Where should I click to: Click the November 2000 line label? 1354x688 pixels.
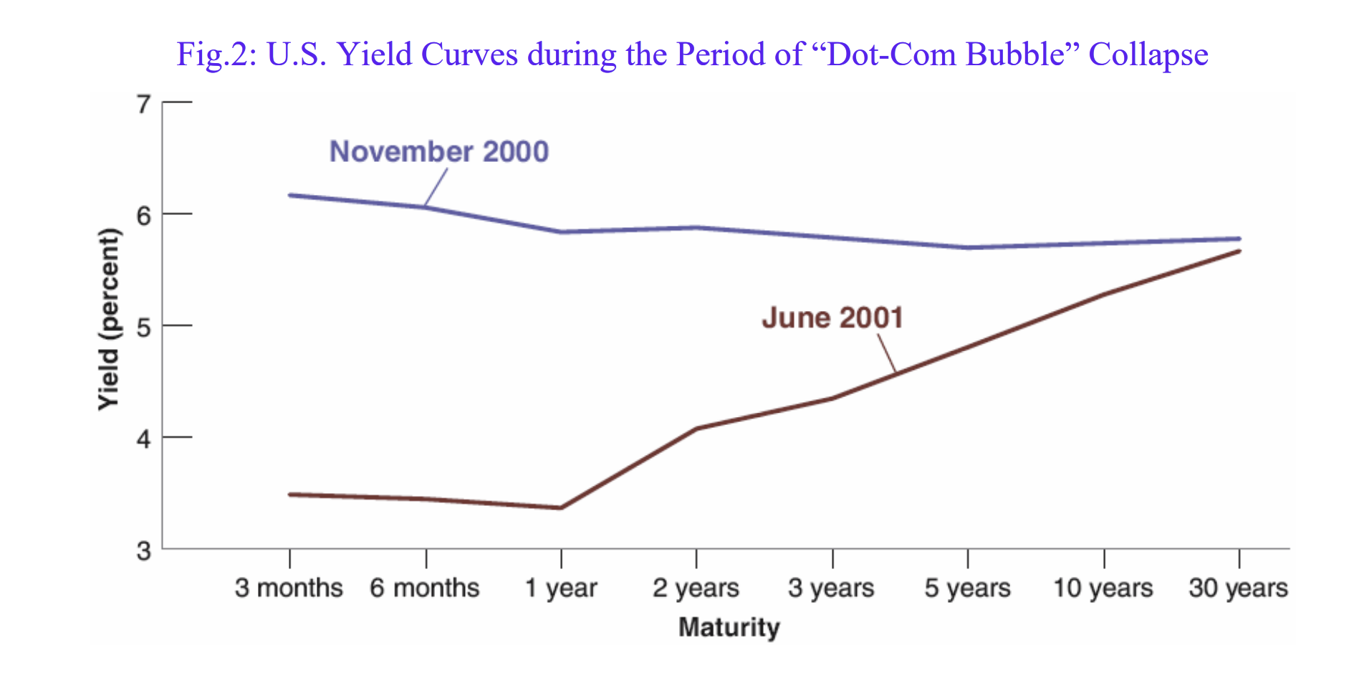coord(438,152)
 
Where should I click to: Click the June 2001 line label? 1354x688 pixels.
coord(832,317)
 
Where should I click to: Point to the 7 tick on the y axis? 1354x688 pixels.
coord(144,105)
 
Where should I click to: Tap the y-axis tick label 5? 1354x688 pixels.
coord(144,328)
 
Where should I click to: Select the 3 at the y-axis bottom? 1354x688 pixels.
coord(144,551)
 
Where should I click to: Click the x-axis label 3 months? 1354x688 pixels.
coord(289,588)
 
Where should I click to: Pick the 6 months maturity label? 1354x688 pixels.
coord(424,588)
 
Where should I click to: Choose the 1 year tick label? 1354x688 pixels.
coord(560,588)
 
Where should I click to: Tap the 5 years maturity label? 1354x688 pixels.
coord(967,588)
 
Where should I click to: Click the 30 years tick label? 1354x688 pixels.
coord(1238,588)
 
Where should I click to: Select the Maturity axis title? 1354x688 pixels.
coord(729,627)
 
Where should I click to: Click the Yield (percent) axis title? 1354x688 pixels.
coord(109,319)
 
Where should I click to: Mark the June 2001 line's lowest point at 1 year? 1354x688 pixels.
coord(560,507)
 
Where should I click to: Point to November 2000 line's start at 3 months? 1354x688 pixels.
coord(290,195)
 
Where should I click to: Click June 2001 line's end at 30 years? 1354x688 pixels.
coord(1239,252)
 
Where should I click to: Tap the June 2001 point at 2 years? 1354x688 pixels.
coord(696,429)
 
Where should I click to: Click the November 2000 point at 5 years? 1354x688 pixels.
coord(968,247)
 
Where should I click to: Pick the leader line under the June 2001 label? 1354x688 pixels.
coord(887,353)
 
